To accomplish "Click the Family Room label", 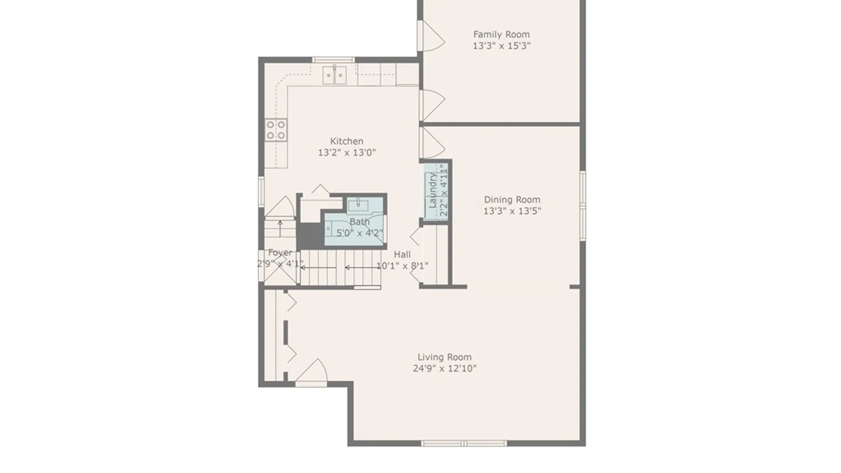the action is tap(502, 34).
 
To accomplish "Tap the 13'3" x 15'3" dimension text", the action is tap(502, 46).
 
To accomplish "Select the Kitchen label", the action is tap(346, 141).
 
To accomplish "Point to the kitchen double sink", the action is tap(335, 75).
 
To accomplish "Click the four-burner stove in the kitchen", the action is tap(276, 130).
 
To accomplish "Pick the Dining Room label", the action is tap(512, 200).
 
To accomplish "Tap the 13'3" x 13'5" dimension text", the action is tap(512, 211).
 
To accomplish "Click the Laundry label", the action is tap(433, 191).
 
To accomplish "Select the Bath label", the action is tap(360, 222).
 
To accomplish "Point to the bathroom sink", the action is tap(358, 205).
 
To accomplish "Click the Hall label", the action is tap(402, 254).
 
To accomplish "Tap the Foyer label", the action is tap(280, 253).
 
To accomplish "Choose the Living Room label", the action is tap(445, 357).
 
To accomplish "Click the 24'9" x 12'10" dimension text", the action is tap(445, 369).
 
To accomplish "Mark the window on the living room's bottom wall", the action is tap(464, 444).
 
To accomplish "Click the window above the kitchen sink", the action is tap(333, 60).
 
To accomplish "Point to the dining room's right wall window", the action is tap(583, 205).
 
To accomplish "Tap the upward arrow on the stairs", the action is tap(280, 229).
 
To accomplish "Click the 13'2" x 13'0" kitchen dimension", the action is tap(347, 152).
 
